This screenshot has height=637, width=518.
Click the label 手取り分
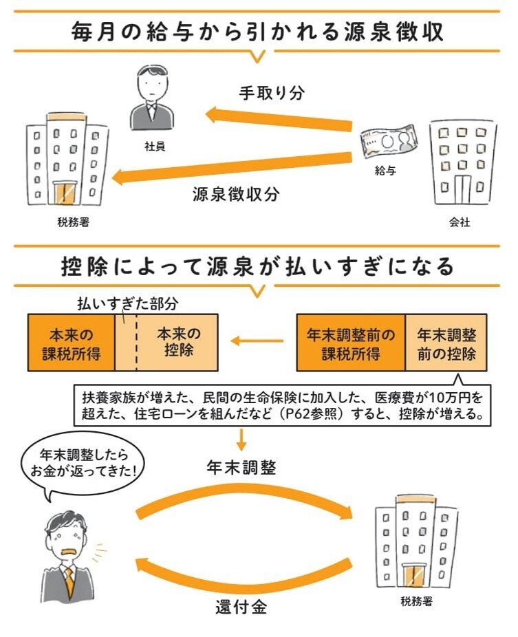pos(270,93)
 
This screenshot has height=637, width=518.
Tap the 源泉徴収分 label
pos(235,194)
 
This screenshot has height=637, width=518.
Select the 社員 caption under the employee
pos(155,147)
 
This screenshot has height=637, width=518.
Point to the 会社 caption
pos(459,222)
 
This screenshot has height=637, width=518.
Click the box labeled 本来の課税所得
pos(71,342)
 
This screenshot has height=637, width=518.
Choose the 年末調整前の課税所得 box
pos(351,342)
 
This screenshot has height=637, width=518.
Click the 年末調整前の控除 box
pos(446,342)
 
